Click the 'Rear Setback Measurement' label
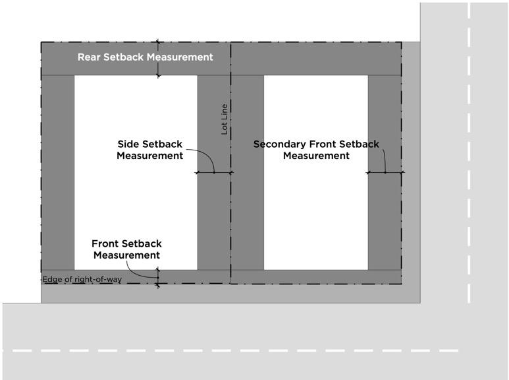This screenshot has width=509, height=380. (145, 57)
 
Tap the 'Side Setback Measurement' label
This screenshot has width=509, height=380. (150, 150)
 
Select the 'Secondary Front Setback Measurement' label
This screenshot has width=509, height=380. (316, 150)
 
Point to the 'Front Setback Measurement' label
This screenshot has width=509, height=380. (126, 249)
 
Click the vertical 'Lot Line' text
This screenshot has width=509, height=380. (225, 119)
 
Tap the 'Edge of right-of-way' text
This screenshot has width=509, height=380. (82, 280)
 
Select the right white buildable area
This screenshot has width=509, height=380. (315, 211)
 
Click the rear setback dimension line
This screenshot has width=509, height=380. (158, 66)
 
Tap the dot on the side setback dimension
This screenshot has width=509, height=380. (214, 173)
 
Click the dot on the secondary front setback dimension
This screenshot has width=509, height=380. (385, 173)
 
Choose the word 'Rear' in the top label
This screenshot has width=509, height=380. (89, 57)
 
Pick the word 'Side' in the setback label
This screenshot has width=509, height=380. (128, 144)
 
